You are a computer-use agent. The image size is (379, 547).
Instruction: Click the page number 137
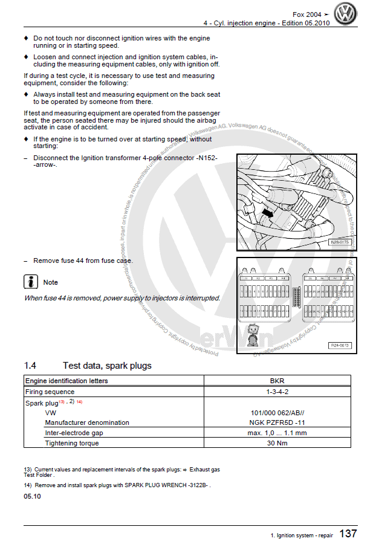pos(348,534)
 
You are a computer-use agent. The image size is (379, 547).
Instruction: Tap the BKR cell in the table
pos(277,381)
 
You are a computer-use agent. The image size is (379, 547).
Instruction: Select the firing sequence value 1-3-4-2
pos(277,392)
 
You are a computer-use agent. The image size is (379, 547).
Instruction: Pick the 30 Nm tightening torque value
pos(277,443)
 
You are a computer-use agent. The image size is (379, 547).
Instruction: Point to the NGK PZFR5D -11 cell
pos(277,422)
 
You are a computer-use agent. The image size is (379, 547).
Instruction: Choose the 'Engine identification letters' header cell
pos(66,381)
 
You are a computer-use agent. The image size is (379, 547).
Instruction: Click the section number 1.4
pos(30,366)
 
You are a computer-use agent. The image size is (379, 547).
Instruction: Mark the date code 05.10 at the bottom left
pos(33,496)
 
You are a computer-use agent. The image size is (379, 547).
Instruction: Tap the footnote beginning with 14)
pos(118,485)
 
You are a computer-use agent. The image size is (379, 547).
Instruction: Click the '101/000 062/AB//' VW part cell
pos(277,412)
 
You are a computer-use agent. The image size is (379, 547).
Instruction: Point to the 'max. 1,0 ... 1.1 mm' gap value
pos(277,433)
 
